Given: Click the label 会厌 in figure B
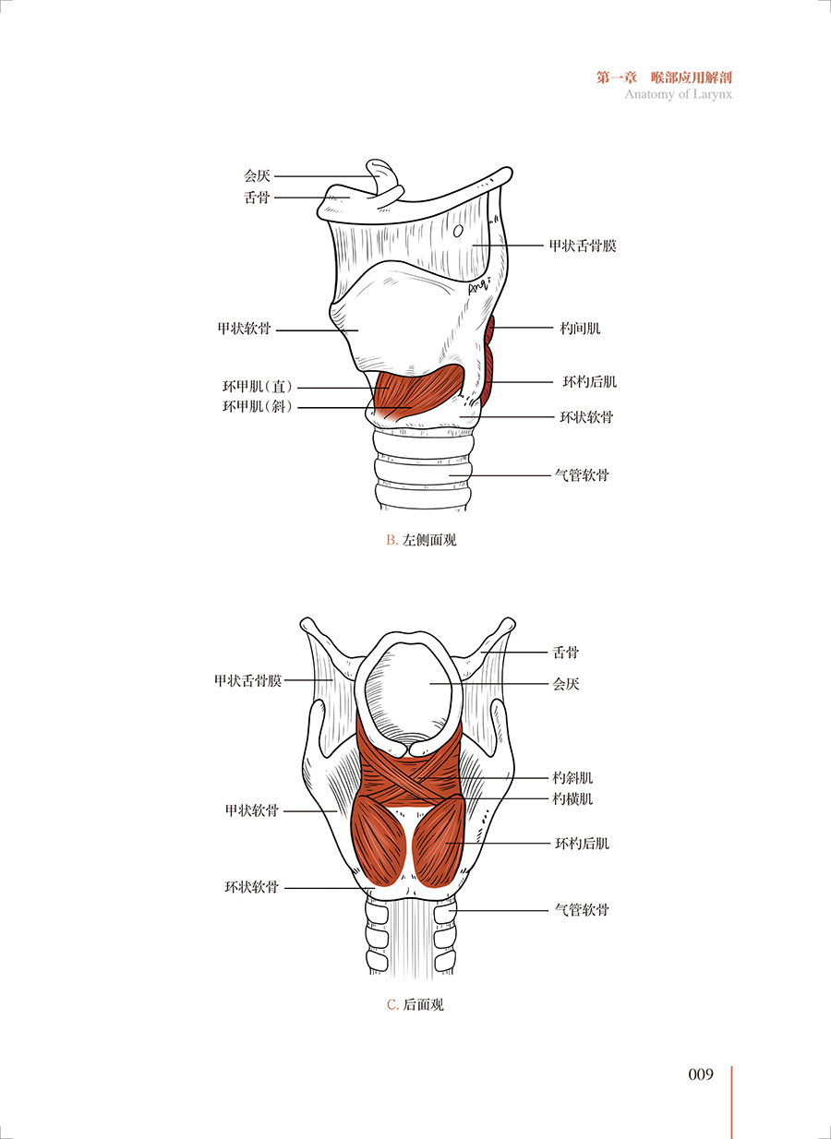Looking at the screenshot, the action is pyautogui.click(x=257, y=175).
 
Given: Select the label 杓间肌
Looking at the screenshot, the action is pyautogui.click(x=580, y=328).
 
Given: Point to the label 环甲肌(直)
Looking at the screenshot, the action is pyautogui.click(x=258, y=388).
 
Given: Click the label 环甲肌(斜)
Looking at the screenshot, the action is pyautogui.click(x=258, y=407).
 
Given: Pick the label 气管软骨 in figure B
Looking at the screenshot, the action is pyautogui.click(x=581, y=475).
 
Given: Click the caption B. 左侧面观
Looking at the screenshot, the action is pyautogui.click(x=421, y=540).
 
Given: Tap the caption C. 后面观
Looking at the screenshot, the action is pyautogui.click(x=415, y=1004).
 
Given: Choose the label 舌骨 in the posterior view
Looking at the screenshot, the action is pyautogui.click(x=565, y=653).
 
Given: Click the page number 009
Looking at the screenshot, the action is pyautogui.click(x=701, y=1074).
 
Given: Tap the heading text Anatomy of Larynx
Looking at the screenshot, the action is pyautogui.click(x=678, y=94).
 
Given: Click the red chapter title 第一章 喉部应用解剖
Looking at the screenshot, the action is pyautogui.click(x=664, y=78).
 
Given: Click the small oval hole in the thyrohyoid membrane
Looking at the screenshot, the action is pyautogui.click(x=458, y=231).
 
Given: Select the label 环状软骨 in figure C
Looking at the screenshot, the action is pyautogui.click(x=251, y=888).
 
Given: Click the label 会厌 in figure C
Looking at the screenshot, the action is pyautogui.click(x=565, y=684).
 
